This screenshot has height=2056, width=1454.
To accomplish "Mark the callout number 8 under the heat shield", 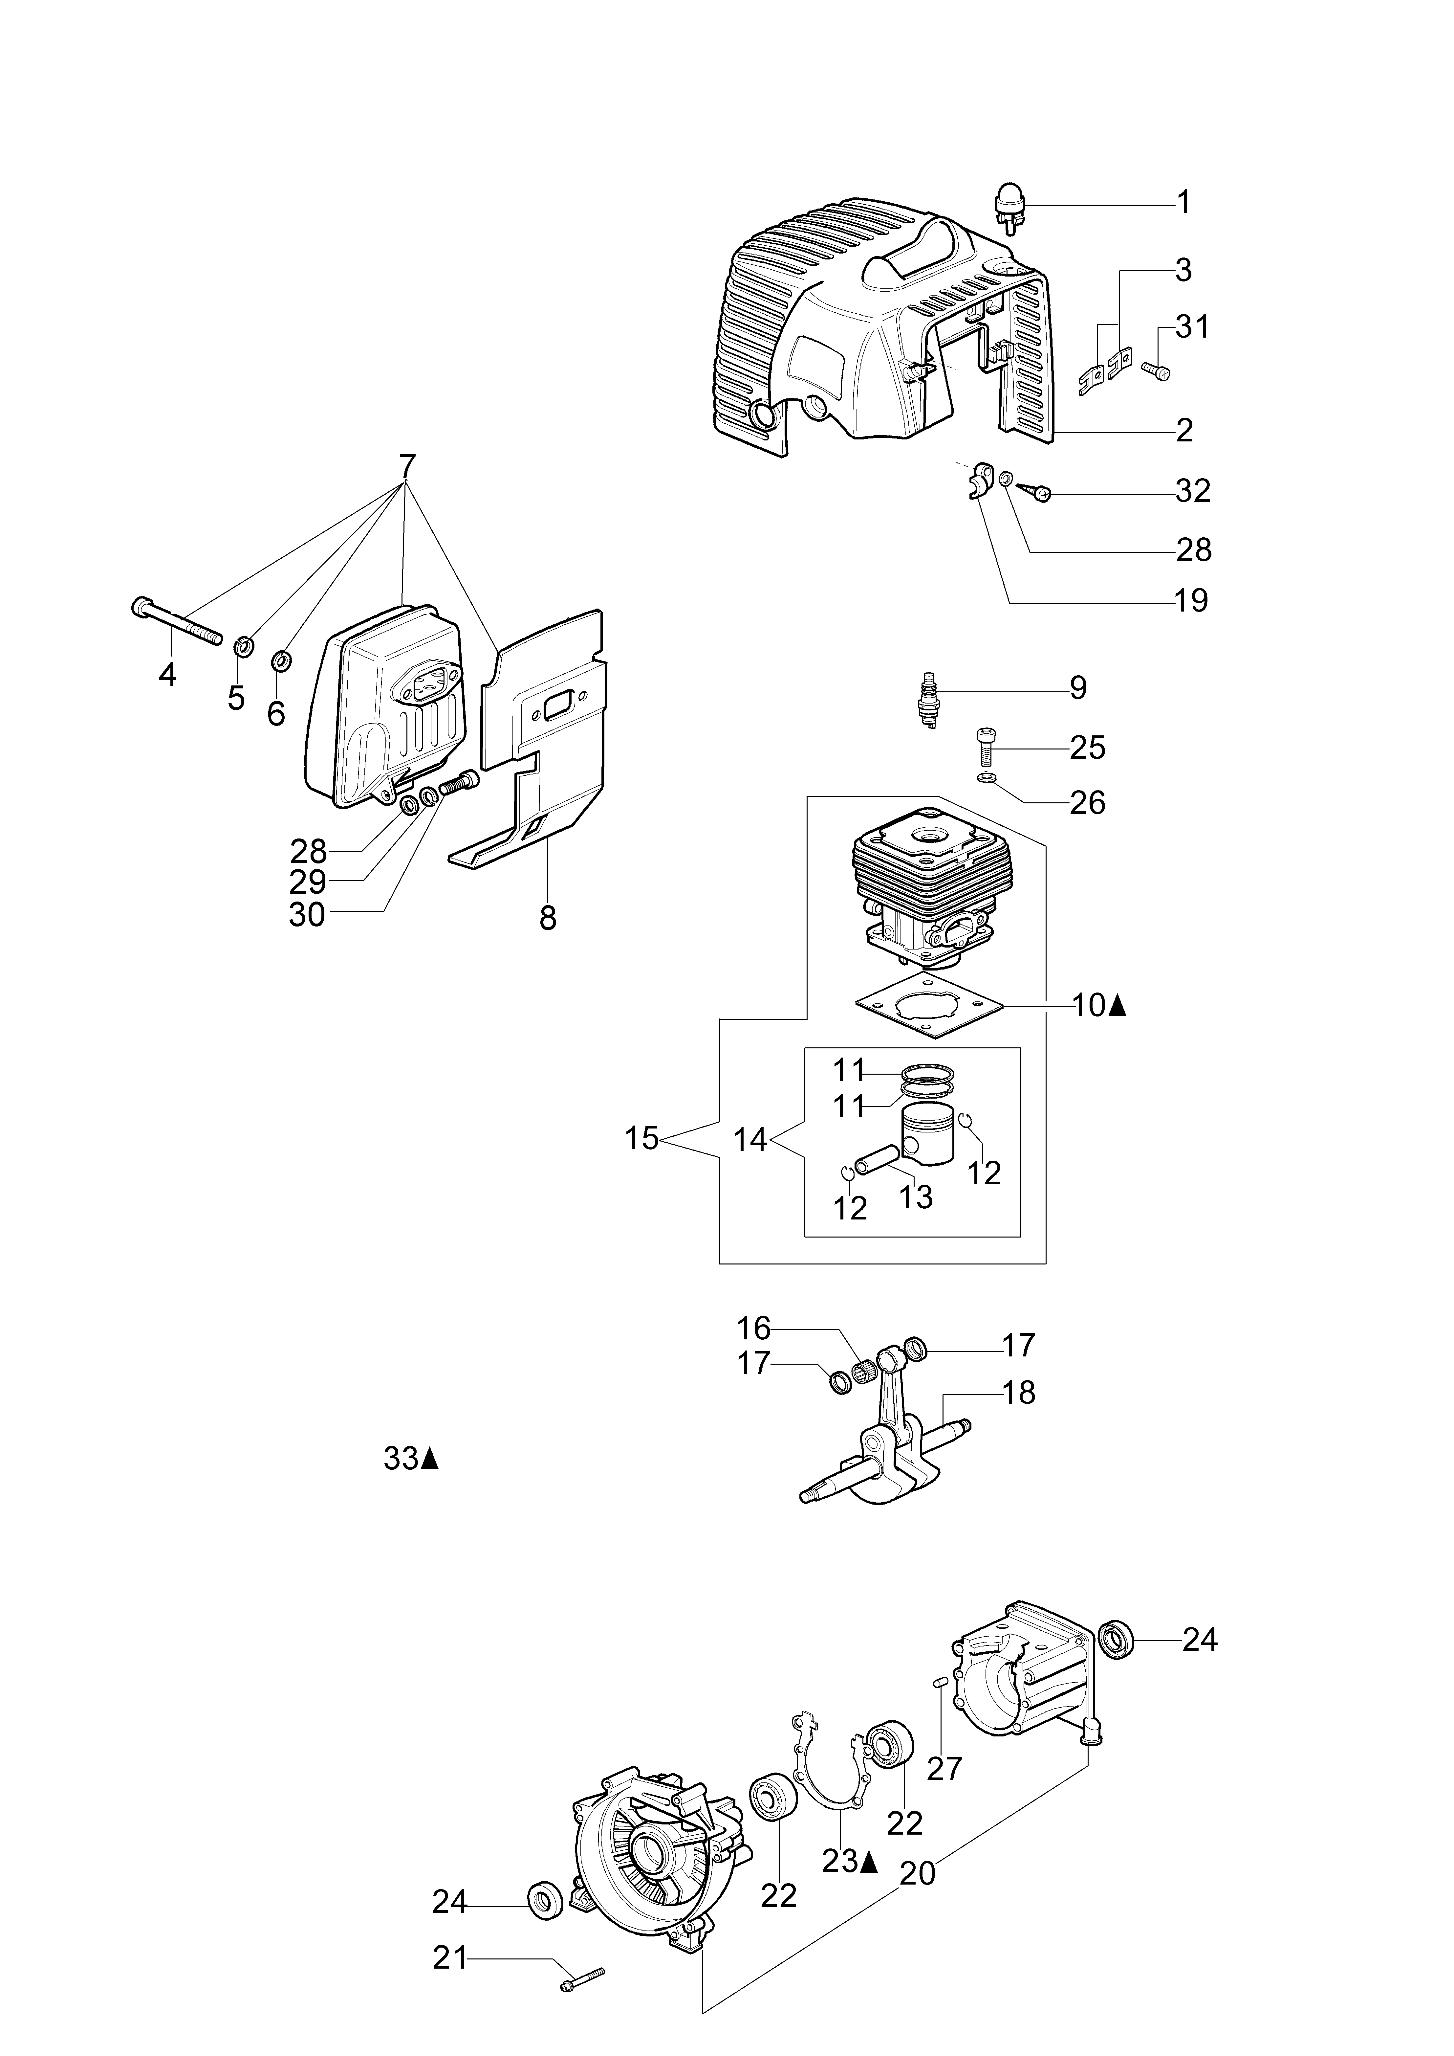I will [548, 918].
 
